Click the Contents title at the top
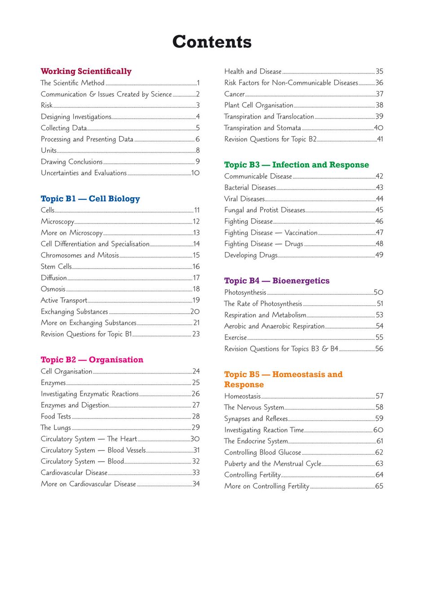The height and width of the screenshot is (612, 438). (212, 42)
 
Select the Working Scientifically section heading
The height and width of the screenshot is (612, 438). (86, 71)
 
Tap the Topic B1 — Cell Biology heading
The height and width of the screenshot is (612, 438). (90, 198)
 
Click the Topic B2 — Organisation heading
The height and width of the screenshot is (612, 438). (92, 360)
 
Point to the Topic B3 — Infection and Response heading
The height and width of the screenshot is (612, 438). (296, 165)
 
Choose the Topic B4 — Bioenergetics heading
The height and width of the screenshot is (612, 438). (277, 281)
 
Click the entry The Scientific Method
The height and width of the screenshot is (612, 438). (72, 83)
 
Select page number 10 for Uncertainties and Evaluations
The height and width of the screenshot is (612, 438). (195, 173)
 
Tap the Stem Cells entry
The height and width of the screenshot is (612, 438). (56, 266)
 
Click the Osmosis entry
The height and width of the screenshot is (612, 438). (53, 289)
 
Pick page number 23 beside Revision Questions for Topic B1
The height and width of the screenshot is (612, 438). (196, 334)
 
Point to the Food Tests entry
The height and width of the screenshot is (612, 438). (56, 416)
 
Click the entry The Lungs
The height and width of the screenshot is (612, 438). (56, 427)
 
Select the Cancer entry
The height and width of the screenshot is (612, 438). (234, 94)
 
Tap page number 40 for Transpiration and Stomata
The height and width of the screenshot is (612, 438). (379, 128)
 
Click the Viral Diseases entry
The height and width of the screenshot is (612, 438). (244, 199)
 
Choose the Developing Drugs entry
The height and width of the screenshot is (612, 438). (251, 255)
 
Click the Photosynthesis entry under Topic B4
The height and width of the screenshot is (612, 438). (245, 292)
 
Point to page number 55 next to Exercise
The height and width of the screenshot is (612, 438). (379, 337)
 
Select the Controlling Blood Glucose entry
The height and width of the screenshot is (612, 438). (263, 452)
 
